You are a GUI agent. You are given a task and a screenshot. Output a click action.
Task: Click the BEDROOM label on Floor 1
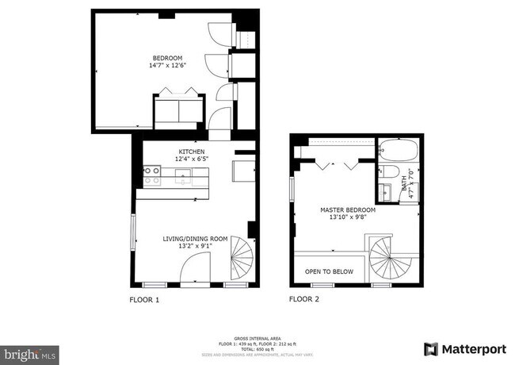pos(168,58)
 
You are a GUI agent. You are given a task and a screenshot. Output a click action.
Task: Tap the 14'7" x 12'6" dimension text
pos(168,66)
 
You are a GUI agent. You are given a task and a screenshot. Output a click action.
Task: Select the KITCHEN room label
pos(191,152)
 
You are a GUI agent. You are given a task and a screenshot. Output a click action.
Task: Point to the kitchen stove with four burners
pos(151,175)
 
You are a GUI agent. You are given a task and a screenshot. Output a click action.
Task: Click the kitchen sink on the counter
pos(184,178)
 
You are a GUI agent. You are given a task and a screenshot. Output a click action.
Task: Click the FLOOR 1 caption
pos(144,300)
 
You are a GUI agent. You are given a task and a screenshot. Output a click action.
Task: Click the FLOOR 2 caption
pos(304,300)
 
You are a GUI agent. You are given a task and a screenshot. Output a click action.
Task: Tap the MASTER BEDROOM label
pos(348,211)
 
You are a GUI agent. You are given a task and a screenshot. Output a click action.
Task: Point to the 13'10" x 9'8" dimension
pos(348,219)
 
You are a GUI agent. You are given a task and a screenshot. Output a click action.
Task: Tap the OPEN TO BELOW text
pos(329,271)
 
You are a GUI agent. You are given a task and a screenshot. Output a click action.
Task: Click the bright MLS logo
pos(29,352)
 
